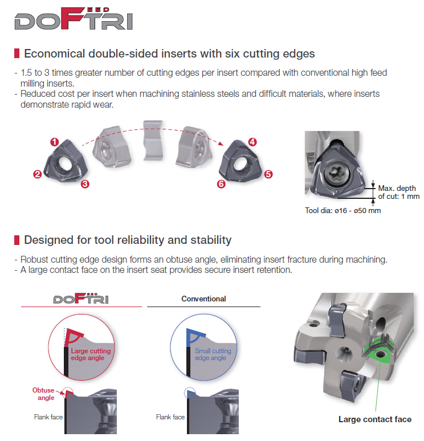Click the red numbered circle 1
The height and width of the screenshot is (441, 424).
tap(55, 142)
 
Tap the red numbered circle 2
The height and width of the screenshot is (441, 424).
tap(38, 174)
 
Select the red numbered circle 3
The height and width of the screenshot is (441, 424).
tap(85, 184)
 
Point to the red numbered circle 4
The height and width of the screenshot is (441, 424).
tap(252, 142)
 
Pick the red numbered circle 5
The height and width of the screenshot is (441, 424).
tap(268, 174)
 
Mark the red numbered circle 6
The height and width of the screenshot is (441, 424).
tap(221, 184)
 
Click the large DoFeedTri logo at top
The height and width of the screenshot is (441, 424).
tap(74, 18)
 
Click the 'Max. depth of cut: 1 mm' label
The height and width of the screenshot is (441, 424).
tap(399, 192)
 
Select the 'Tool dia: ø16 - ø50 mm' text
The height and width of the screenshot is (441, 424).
tap(343, 211)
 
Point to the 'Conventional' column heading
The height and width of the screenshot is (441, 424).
tap(203, 299)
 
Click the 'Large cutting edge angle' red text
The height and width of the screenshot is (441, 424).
tap(91, 354)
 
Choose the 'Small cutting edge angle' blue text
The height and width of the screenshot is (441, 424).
tap(213, 354)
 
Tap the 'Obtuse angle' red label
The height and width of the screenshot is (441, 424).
tap(44, 394)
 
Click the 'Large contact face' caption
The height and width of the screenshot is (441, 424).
tap(375, 419)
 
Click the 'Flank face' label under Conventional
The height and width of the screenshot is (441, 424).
tap(170, 417)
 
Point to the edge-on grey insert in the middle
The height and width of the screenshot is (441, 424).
tap(153, 141)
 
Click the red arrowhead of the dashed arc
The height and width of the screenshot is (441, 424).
tap(221, 143)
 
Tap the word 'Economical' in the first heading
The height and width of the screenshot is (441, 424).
tap(55, 54)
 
